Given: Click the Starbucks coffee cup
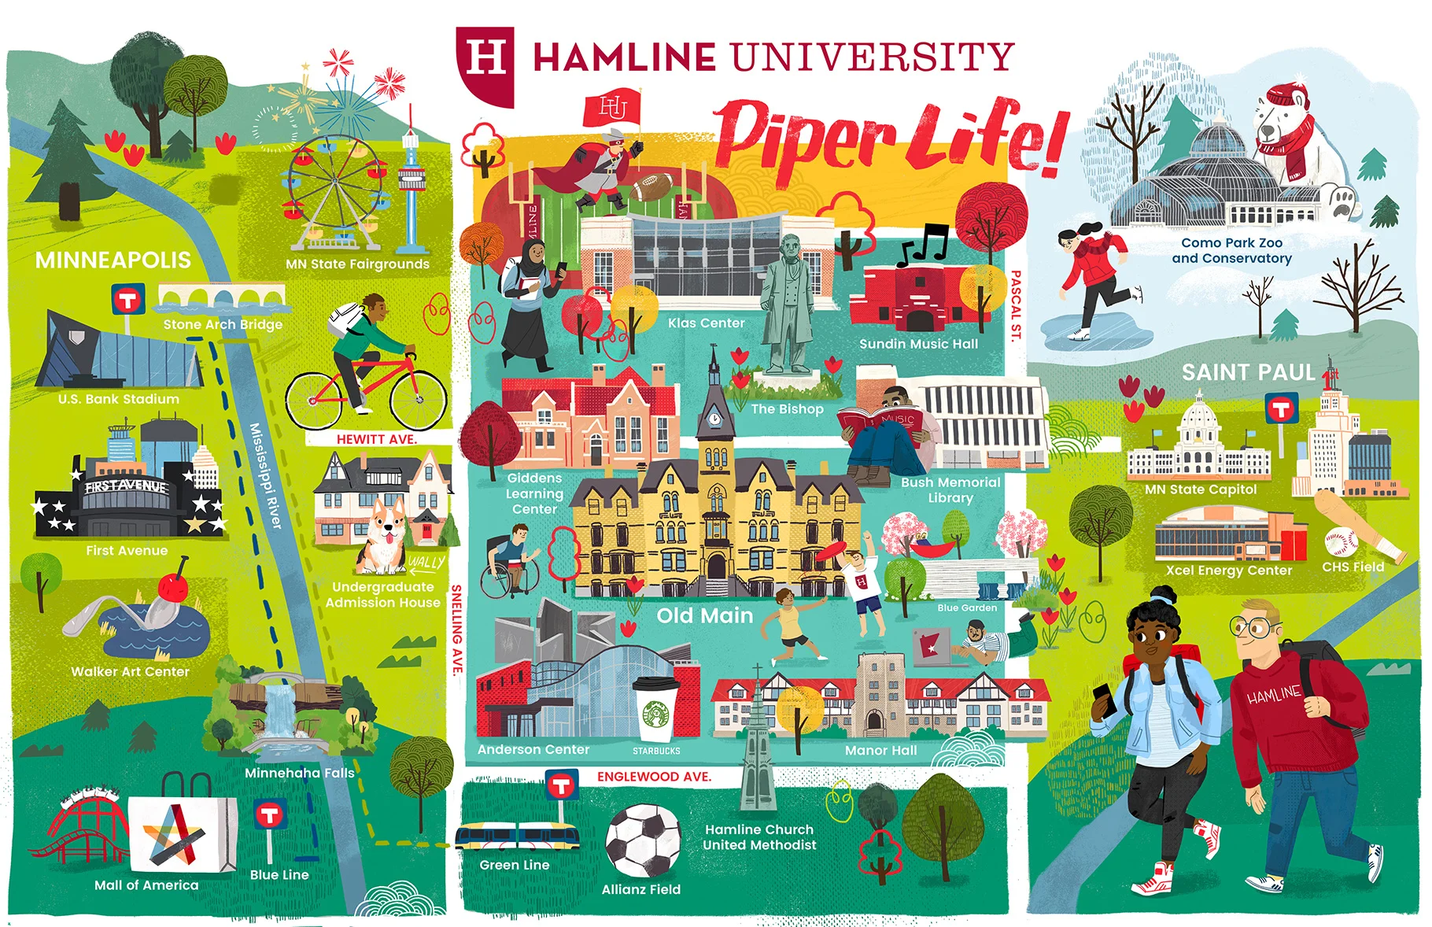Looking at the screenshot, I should coord(655,710).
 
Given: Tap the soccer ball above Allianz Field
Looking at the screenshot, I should coord(643,840).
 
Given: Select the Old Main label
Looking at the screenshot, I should coord(705,615).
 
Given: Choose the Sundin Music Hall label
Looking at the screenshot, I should coord(918,344).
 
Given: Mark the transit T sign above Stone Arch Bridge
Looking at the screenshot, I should coord(127,300).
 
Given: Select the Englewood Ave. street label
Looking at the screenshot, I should coord(653,777).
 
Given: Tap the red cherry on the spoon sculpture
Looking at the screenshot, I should coord(173,586).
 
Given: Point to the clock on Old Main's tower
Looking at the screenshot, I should coord(714,417).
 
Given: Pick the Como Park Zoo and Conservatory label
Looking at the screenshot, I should coord(1231,250).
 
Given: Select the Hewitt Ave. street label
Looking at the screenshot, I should coord(376,439).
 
